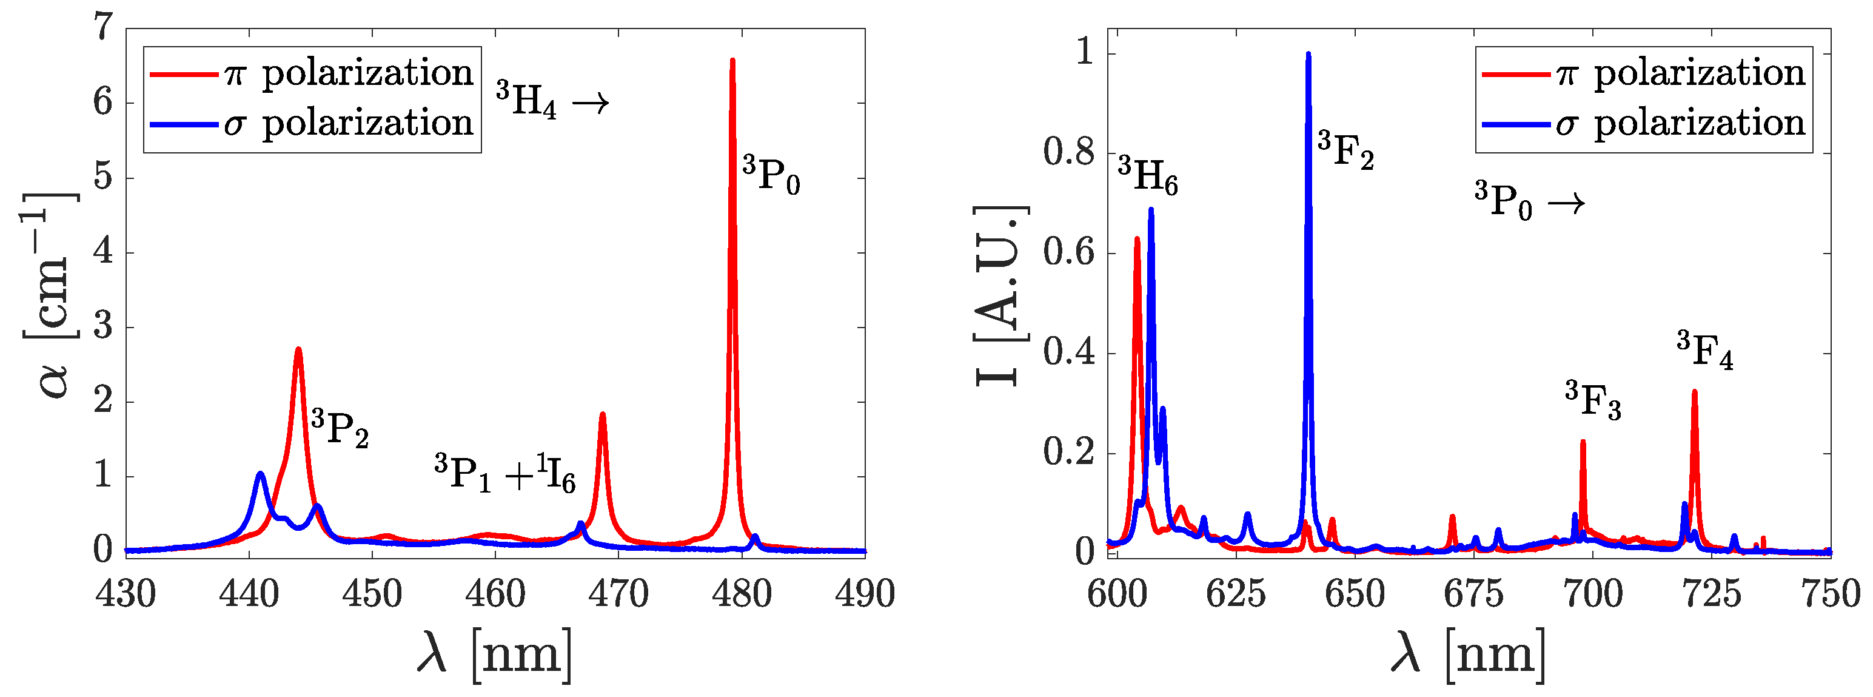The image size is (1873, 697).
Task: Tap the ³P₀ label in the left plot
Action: [771, 175]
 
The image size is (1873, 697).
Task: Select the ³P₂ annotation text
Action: [340, 428]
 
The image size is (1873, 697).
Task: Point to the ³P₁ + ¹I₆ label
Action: [504, 474]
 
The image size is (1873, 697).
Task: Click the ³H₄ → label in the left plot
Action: [552, 101]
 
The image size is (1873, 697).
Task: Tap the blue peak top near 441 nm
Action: [260, 474]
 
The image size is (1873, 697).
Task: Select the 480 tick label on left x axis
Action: [741, 594]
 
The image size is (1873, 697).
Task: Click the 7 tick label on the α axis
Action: [104, 29]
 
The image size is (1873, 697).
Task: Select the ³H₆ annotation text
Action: [1147, 177]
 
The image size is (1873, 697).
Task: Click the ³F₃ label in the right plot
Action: [1593, 401]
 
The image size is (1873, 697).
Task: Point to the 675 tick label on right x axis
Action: [1473, 594]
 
